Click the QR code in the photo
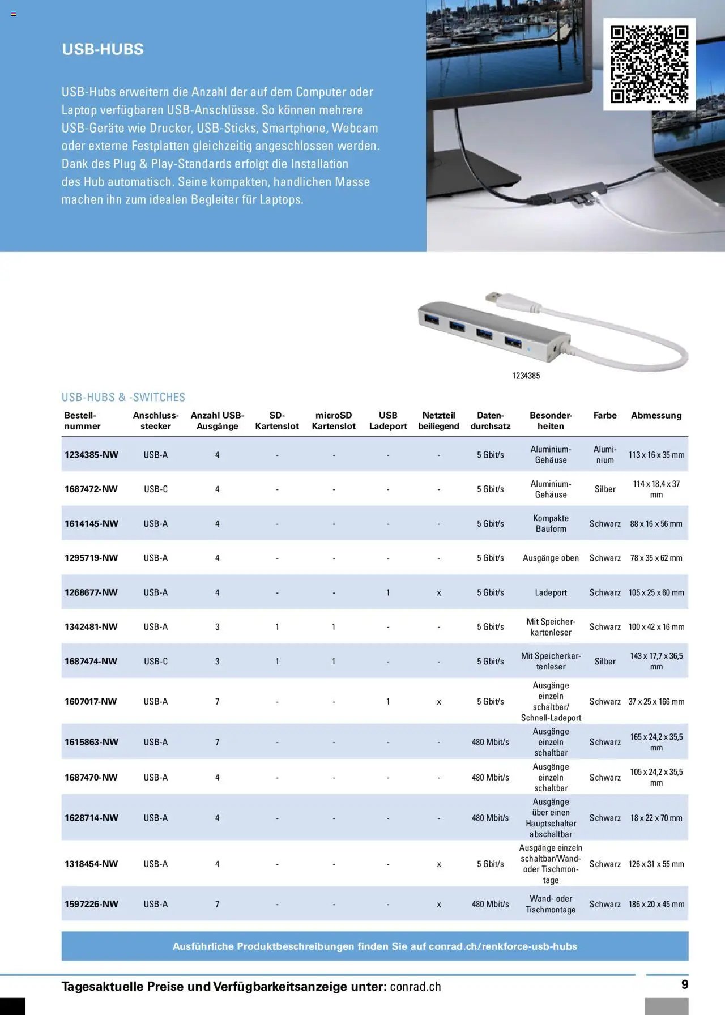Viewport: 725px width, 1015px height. click(x=649, y=64)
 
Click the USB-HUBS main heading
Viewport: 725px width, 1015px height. click(x=103, y=49)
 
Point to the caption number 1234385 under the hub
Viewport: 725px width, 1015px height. click(x=526, y=376)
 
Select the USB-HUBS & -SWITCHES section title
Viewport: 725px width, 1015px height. click(x=123, y=397)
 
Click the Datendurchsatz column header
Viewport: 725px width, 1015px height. click(x=490, y=420)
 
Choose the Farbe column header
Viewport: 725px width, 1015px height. click(x=604, y=415)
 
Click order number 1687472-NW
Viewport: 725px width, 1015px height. click(x=91, y=489)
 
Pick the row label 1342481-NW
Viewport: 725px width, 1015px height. click(x=91, y=626)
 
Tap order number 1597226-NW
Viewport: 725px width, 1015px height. click(x=91, y=904)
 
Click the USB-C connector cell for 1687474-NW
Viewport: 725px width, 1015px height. click(x=156, y=661)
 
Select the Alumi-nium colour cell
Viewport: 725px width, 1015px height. click(x=604, y=454)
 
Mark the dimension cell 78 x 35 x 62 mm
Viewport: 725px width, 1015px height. click(x=656, y=558)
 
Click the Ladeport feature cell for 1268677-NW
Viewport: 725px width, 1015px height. click(x=551, y=592)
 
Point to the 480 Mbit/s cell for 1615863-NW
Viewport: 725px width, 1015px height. click(x=490, y=742)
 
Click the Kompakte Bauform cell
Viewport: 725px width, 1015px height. click(x=551, y=523)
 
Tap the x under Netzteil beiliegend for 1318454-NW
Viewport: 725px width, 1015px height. click(x=438, y=864)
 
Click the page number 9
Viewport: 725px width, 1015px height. click(x=684, y=984)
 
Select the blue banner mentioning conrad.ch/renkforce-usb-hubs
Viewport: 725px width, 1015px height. click(x=374, y=946)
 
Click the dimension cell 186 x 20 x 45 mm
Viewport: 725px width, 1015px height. click(x=656, y=904)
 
